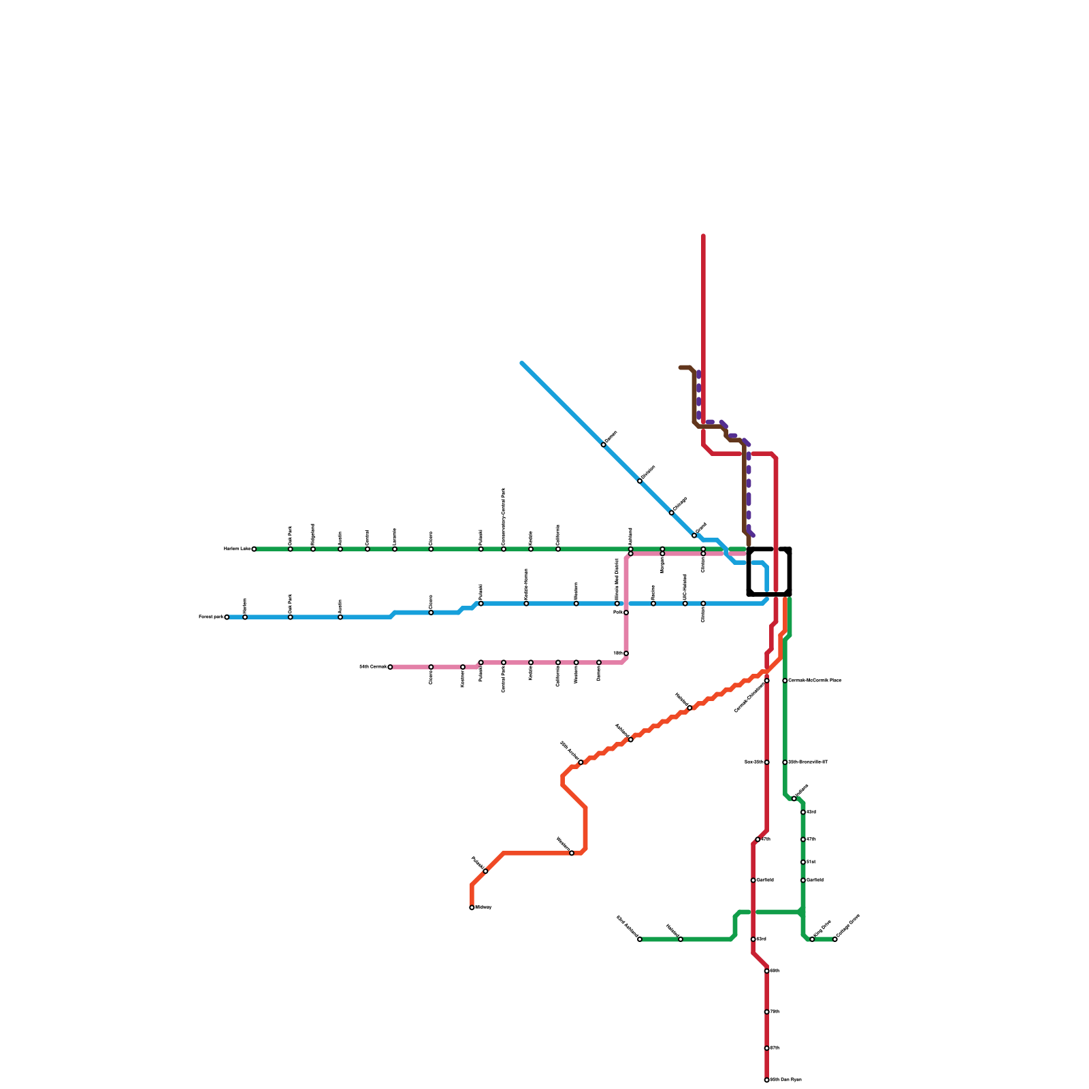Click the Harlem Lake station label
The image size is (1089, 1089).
click(x=237, y=549)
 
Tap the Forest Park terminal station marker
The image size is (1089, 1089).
click(x=227, y=617)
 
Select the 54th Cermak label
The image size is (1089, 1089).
click(x=372, y=667)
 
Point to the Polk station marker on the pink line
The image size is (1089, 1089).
click(x=626, y=613)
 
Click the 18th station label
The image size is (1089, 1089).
click(x=617, y=653)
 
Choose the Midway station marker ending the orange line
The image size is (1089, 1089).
click(x=472, y=907)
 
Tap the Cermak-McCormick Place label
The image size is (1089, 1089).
click(x=815, y=681)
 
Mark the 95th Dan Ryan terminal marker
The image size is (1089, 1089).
click(x=766, y=1080)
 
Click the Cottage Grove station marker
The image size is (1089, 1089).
click(x=835, y=939)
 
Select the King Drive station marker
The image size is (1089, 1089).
click(x=812, y=939)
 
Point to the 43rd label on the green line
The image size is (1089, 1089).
click(x=811, y=812)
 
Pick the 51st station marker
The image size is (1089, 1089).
click(x=803, y=862)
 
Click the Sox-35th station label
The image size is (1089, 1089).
click(x=754, y=762)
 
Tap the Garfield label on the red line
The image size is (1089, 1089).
click(x=765, y=880)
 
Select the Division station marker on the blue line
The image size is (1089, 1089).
click(x=640, y=481)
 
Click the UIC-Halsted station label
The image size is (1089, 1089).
click(x=685, y=587)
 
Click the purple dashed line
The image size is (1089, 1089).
click(x=749, y=490)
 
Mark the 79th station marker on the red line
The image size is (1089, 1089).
click(x=766, y=1012)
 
